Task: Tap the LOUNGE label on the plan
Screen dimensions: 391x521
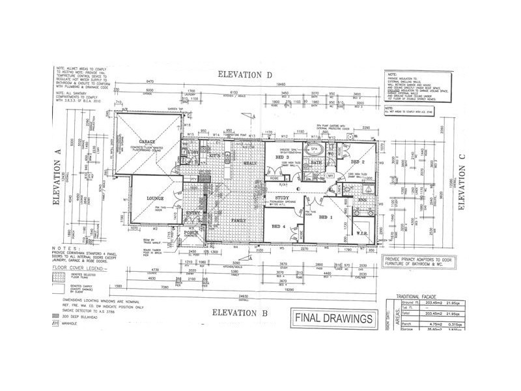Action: pyautogui.click(x=154, y=197)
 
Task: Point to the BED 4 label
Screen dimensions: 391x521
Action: pyautogui.click(x=278, y=226)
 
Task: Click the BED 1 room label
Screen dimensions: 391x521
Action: pyautogui.click(x=326, y=216)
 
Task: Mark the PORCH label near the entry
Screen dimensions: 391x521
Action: pyautogui.click(x=191, y=232)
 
